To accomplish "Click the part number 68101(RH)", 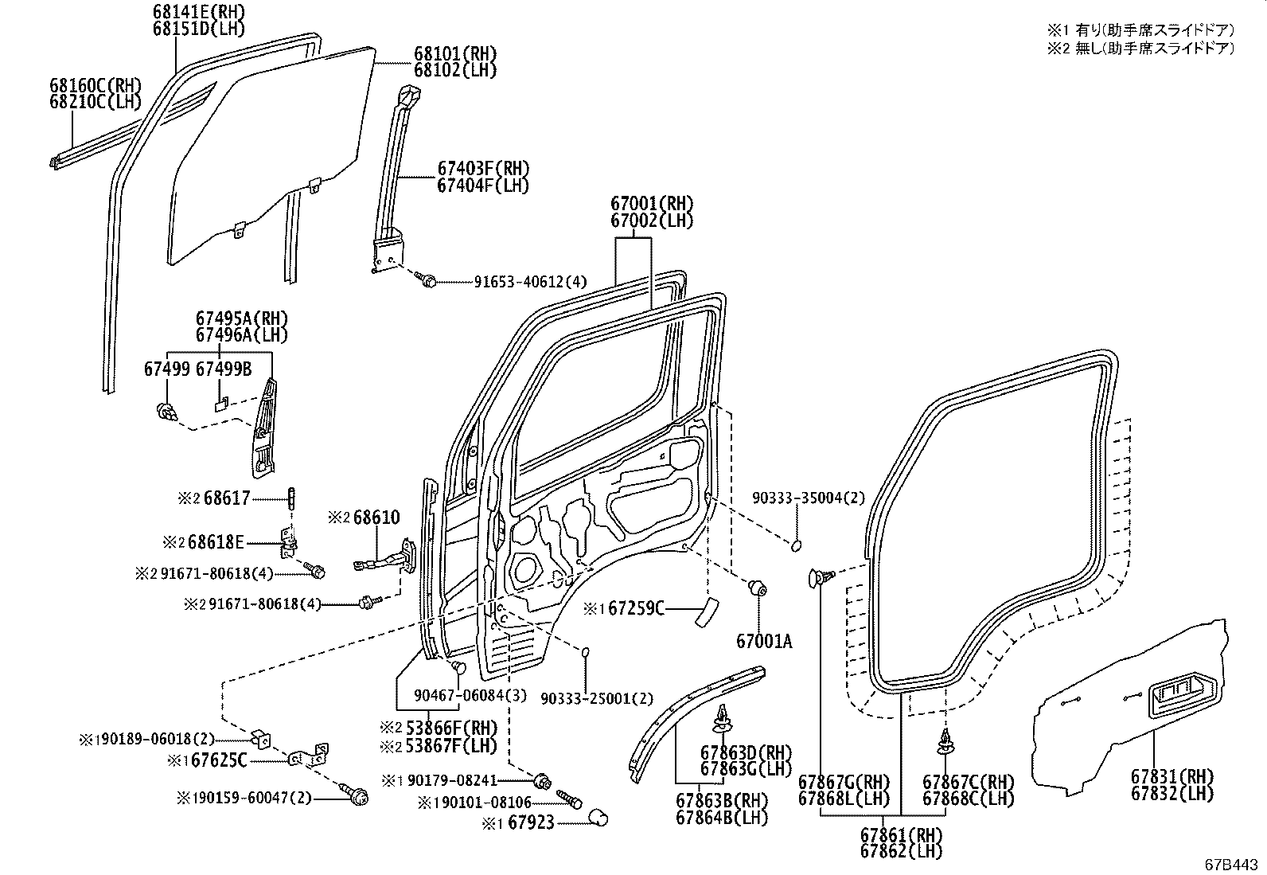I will tap(454, 54).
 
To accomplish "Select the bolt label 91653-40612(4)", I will tap(530, 281).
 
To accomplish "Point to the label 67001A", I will tap(764, 640).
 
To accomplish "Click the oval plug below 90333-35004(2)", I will tap(795, 545).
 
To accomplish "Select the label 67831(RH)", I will tap(1171, 777).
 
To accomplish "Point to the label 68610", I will tap(376, 518).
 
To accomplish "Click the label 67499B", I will tap(224, 369).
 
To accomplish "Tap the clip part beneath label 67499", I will tap(166, 412).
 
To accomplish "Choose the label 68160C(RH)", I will tap(94, 85).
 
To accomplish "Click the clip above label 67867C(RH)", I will tap(945, 741).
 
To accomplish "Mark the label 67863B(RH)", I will tap(722, 801).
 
